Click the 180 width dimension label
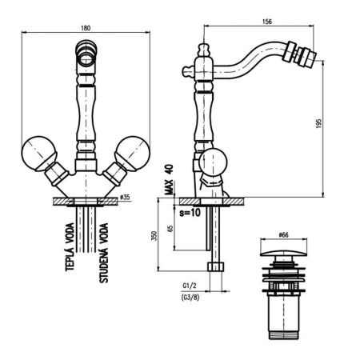85,29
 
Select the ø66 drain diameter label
282,235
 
